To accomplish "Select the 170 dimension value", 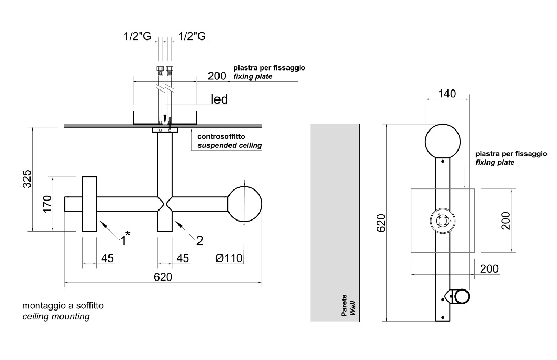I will click(x=47, y=204).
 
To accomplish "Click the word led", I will click(x=219, y=99).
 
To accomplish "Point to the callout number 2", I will click(x=200, y=241).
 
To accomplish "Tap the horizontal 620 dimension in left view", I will click(x=163, y=277).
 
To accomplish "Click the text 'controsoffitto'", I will click(x=221, y=136).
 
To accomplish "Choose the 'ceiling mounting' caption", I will click(x=56, y=317).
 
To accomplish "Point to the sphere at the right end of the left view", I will click(x=244, y=204).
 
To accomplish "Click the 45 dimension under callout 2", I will click(x=182, y=258).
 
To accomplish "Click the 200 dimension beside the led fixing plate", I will click(x=217, y=76).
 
